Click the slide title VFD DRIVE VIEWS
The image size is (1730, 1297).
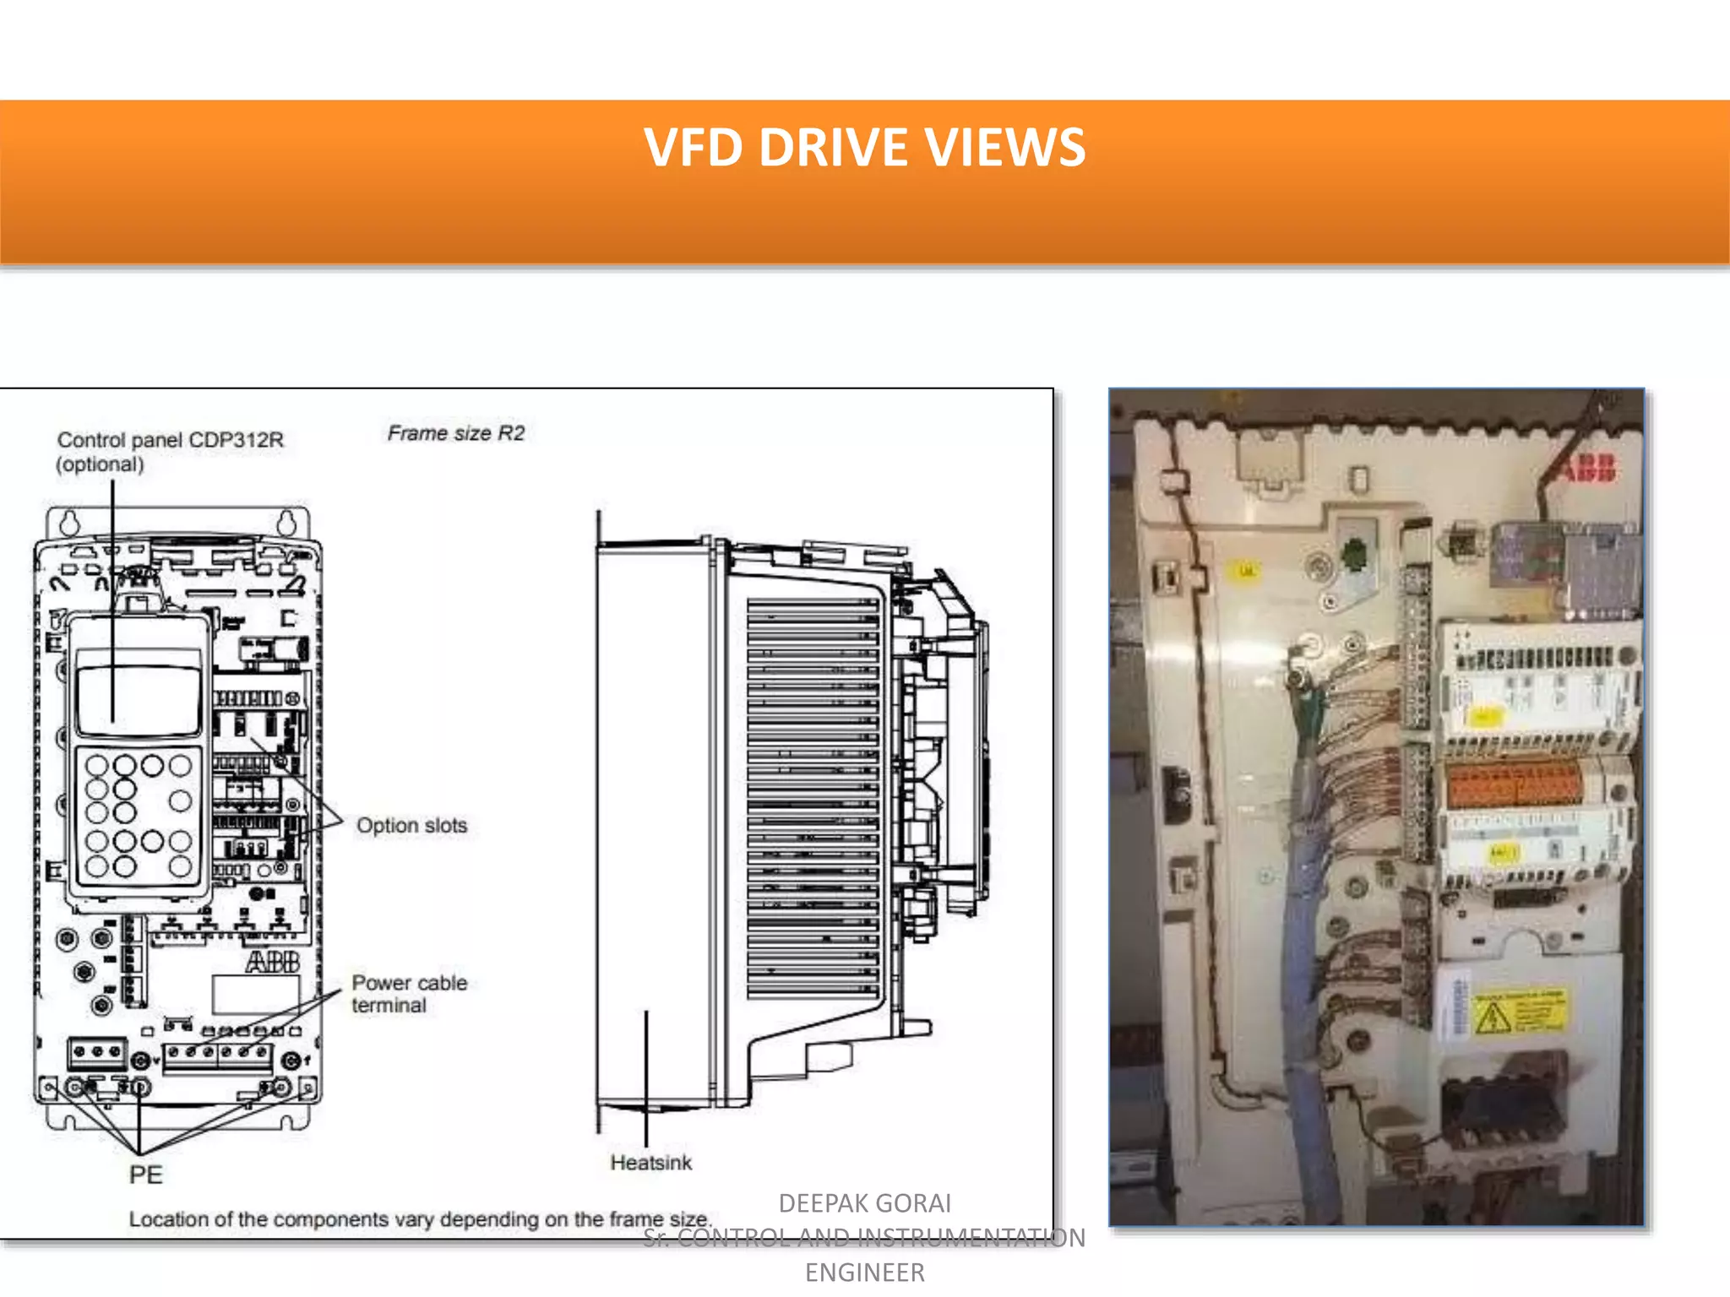click(864, 148)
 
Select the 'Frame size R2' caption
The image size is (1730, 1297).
click(456, 433)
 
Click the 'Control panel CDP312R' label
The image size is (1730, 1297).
click(170, 440)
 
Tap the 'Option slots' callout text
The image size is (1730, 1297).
click(411, 825)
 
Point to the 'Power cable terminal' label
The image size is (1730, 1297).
click(409, 994)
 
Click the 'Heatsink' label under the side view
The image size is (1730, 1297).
click(650, 1163)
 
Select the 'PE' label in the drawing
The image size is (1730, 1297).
click(145, 1175)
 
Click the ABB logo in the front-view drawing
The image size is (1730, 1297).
click(272, 962)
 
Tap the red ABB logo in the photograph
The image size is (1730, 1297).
click(1588, 467)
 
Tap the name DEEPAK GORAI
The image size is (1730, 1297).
click(864, 1202)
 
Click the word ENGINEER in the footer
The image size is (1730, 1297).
click(864, 1273)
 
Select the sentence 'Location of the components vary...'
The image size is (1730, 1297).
click(420, 1219)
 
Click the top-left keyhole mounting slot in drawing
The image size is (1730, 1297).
click(69, 521)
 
